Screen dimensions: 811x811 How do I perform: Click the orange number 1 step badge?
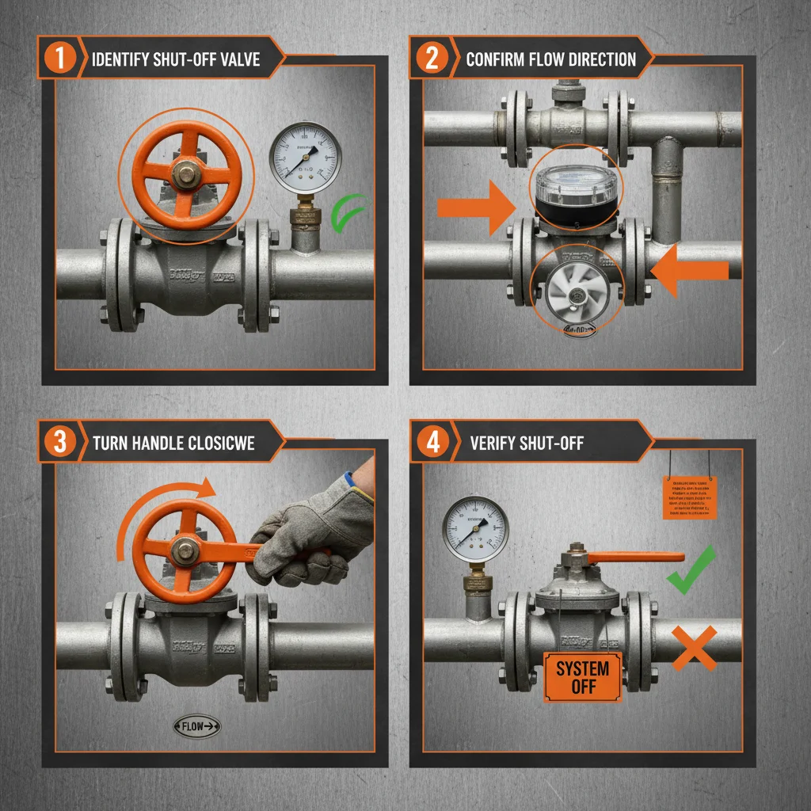coord(59,59)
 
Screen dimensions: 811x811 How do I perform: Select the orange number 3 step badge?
coord(59,443)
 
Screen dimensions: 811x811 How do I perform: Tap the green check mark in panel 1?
coord(349,215)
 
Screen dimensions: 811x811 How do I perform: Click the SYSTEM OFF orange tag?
coord(582,677)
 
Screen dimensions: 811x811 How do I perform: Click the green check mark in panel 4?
coord(691,571)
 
